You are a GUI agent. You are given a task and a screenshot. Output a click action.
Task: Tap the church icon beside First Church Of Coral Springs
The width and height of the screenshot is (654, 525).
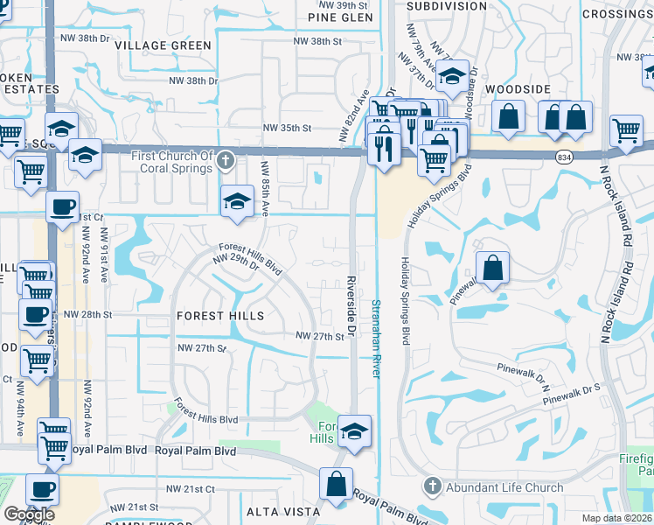(x=226, y=161)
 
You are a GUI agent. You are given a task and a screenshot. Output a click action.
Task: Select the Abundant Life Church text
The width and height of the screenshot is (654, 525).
(x=496, y=486)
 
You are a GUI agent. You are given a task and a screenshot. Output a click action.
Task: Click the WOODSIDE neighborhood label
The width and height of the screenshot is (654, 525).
(x=518, y=89)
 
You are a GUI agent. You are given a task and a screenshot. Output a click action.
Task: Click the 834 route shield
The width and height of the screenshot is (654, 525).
(x=563, y=155)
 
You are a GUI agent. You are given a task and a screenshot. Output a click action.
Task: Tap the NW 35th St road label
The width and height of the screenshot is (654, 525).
(x=288, y=128)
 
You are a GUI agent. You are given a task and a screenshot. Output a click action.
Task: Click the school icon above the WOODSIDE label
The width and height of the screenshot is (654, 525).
(x=453, y=76)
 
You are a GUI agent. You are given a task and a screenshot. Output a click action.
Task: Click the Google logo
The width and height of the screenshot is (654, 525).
(x=30, y=515)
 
